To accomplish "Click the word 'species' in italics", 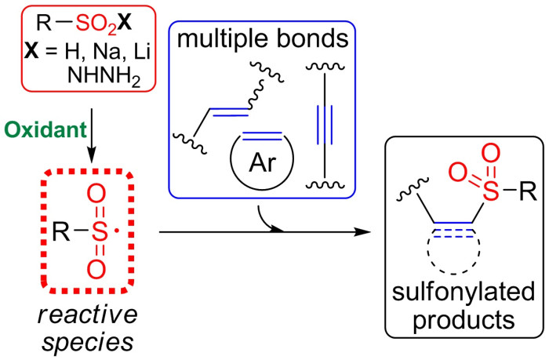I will pyautogui.click(x=88, y=343).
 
